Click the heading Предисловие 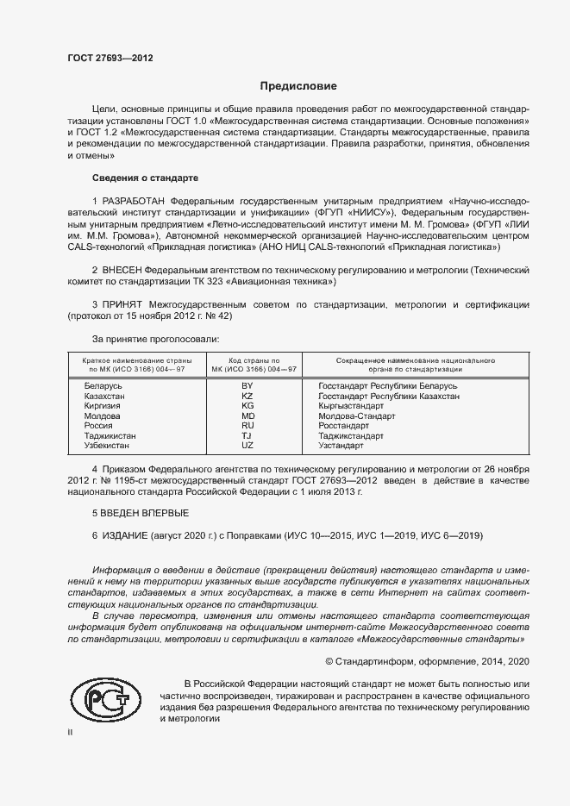click(x=299, y=86)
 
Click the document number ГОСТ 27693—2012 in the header click(x=110, y=59)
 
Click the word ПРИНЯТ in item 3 click(x=125, y=305)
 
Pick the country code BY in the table click(x=247, y=386)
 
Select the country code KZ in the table click(x=247, y=397)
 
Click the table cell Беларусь click(x=103, y=386)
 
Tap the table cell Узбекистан click(x=107, y=446)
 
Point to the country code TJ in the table click(x=247, y=436)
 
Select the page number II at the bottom click(x=70, y=732)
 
